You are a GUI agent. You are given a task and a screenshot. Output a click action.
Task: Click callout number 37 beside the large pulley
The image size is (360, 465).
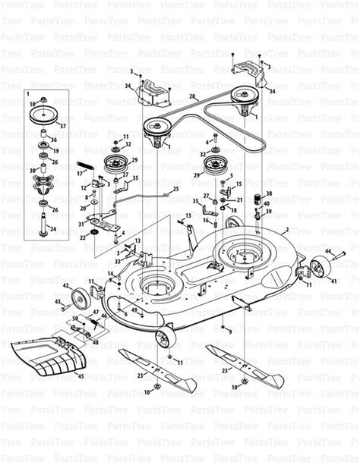click(x=63, y=126)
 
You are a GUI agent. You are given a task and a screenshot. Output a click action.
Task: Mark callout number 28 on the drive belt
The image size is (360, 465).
click(x=194, y=96)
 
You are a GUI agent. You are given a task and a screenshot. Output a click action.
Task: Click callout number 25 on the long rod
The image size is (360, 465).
click(x=175, y=188)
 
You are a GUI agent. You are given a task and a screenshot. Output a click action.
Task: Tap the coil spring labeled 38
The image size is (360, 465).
click(x=257, y=202)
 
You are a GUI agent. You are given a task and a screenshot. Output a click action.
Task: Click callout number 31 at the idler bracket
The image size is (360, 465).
click(x=81, y=224)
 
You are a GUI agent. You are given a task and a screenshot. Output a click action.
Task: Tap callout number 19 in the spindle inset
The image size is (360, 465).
click(x=55, y=151)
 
